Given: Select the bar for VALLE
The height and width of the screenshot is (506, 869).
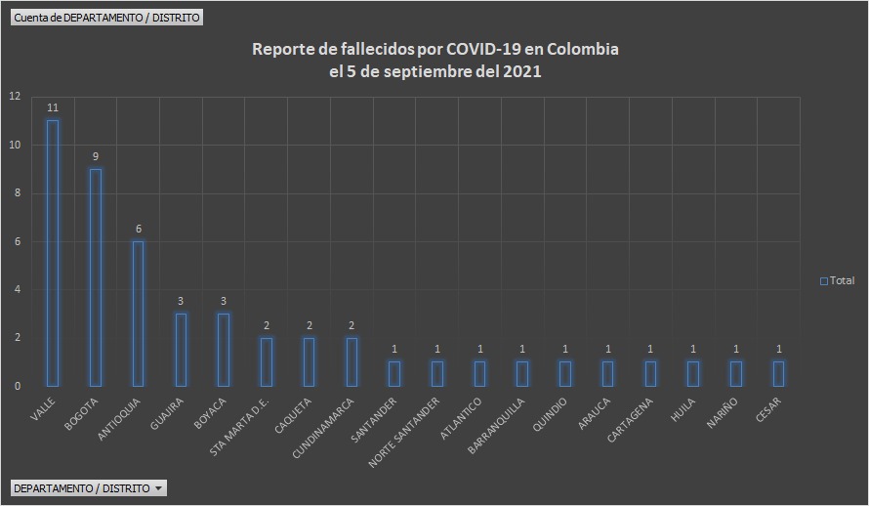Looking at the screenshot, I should [x=53, y=253].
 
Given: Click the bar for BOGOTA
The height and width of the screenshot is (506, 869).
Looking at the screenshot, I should [x=96, y=277].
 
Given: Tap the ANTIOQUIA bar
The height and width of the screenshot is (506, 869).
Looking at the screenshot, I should [x=139, y=314].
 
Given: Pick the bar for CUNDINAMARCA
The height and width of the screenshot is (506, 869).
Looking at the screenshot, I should [x=352, y=361].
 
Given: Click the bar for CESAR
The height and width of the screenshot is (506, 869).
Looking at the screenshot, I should [x=778, y=373].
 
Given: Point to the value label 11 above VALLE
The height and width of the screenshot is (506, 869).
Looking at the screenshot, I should [x=53, y=108].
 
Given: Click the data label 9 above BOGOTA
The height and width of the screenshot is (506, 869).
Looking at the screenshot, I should [x=96, y=156].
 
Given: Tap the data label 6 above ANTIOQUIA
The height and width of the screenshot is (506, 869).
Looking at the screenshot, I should [x=139, y=229].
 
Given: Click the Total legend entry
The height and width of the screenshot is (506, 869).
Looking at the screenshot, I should [x=837, y=281].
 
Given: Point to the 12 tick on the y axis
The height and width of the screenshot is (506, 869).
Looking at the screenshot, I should [x=14, y=97].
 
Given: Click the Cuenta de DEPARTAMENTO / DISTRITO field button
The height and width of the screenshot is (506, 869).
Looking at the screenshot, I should [x=107, y=18].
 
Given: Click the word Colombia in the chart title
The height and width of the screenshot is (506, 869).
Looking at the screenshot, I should [x=583, y=49].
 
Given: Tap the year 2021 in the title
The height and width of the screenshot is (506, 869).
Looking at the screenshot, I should [x=522, y=71].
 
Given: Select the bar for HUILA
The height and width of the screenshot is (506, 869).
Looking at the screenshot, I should [x=692, y=373].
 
